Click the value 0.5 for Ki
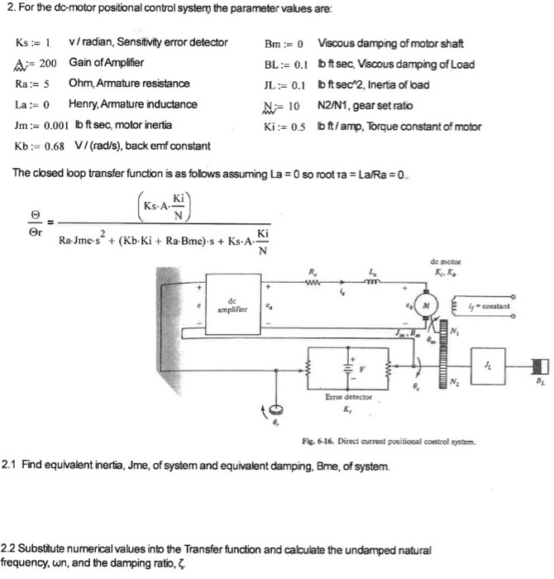pyautogui.click(x=298, y=127)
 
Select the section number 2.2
pyautogui.click(x=11, y=549)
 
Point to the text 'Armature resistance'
pyautogui.click(x=146, y=84)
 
